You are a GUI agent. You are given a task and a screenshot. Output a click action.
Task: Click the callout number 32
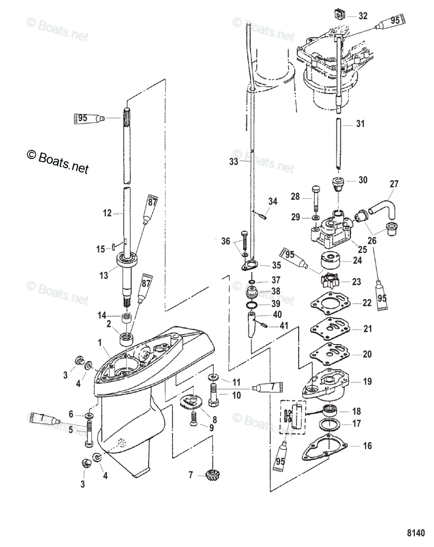(x=362, y=16)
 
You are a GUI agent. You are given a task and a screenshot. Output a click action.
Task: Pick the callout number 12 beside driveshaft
(x=107, y=212)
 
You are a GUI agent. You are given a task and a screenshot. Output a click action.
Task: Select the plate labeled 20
(x=325, y=354)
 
